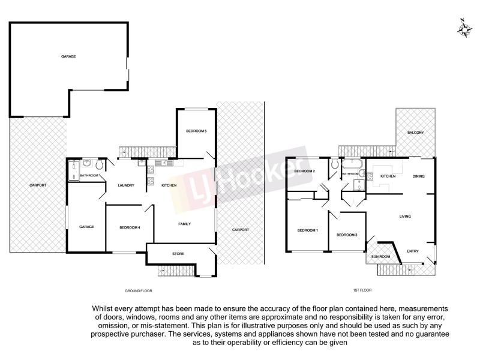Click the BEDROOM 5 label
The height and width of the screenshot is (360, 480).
pyautogui.click(x=197, y=131)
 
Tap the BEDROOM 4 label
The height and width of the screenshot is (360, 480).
pyautogui.click(x=130, y=227)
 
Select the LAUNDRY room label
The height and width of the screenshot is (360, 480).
pyautogui.click(x=126, y=185)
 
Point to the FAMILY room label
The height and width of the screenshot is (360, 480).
pyautogui.click(x=185, y=224)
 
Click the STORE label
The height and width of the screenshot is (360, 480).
pyautogui.click(x=178, y=254)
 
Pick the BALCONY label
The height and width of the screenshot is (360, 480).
pyautogui.click(x=416, y=133)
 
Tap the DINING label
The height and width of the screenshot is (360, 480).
pyautogui.click(x=418, y=176)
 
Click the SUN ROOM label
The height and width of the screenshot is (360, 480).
pyautogui.click(x=381, y=256)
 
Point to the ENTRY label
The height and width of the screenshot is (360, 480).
pyautogui.click(x=413, y=251)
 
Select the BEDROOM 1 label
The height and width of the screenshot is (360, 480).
pyautogui.click(x=308, y=230)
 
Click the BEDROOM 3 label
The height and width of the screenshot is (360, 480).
pyautogui.click(x=347, y=235)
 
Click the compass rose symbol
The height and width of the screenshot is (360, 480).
pyautogui.click(x=463, y=28)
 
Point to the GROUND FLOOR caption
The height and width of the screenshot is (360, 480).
pyautogui.click(x=137, y=290)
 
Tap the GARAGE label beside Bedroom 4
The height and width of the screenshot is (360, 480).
pyautogui.click(x=87, y=226)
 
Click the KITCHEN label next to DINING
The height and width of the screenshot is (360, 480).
pyautogui.click(x=388, y=176)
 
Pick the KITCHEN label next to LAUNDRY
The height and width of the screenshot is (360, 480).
pyautogui.click(x=169, y=185)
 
